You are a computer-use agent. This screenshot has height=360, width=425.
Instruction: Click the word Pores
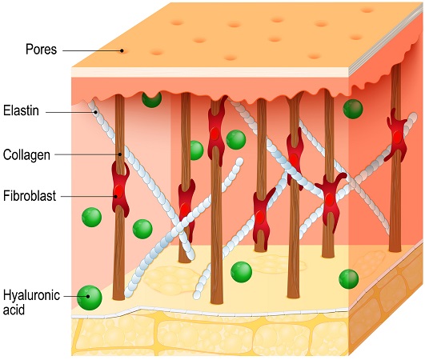pos(41,50)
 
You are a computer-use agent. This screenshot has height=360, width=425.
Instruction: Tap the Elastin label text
pos(21,110)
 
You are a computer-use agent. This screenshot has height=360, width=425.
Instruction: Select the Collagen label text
pos(26,155)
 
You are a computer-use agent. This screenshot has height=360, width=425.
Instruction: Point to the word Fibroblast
pos(30,195)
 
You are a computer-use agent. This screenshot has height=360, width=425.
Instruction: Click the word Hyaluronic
pos(31,295)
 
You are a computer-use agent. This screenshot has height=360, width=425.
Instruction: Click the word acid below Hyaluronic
pos(14,310)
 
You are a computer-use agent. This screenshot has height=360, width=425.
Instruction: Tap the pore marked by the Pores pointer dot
pos(122,50)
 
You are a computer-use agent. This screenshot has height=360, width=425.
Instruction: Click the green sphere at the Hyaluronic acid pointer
pos(89,298)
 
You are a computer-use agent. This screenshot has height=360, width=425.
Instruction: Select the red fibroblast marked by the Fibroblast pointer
pos(120,189)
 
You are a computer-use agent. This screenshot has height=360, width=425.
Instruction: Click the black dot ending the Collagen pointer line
pos(120,154)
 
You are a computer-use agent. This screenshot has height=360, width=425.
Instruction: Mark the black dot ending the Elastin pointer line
pos(96,112)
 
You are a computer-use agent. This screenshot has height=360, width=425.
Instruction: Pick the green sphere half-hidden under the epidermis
pos(152,99)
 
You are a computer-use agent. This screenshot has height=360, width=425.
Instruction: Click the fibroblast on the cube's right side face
pos(396,135)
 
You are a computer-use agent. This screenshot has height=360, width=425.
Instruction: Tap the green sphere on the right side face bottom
pos(349,278)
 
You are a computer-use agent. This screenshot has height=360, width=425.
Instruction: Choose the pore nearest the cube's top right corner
pos(367,10)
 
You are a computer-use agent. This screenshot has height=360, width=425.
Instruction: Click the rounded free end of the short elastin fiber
pos(239,162)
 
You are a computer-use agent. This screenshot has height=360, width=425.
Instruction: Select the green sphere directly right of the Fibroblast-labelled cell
pos(142,229)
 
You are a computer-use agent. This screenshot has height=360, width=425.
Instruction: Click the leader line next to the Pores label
pos(92,50)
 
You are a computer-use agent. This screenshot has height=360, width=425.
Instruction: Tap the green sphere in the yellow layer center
pos(241,272)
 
